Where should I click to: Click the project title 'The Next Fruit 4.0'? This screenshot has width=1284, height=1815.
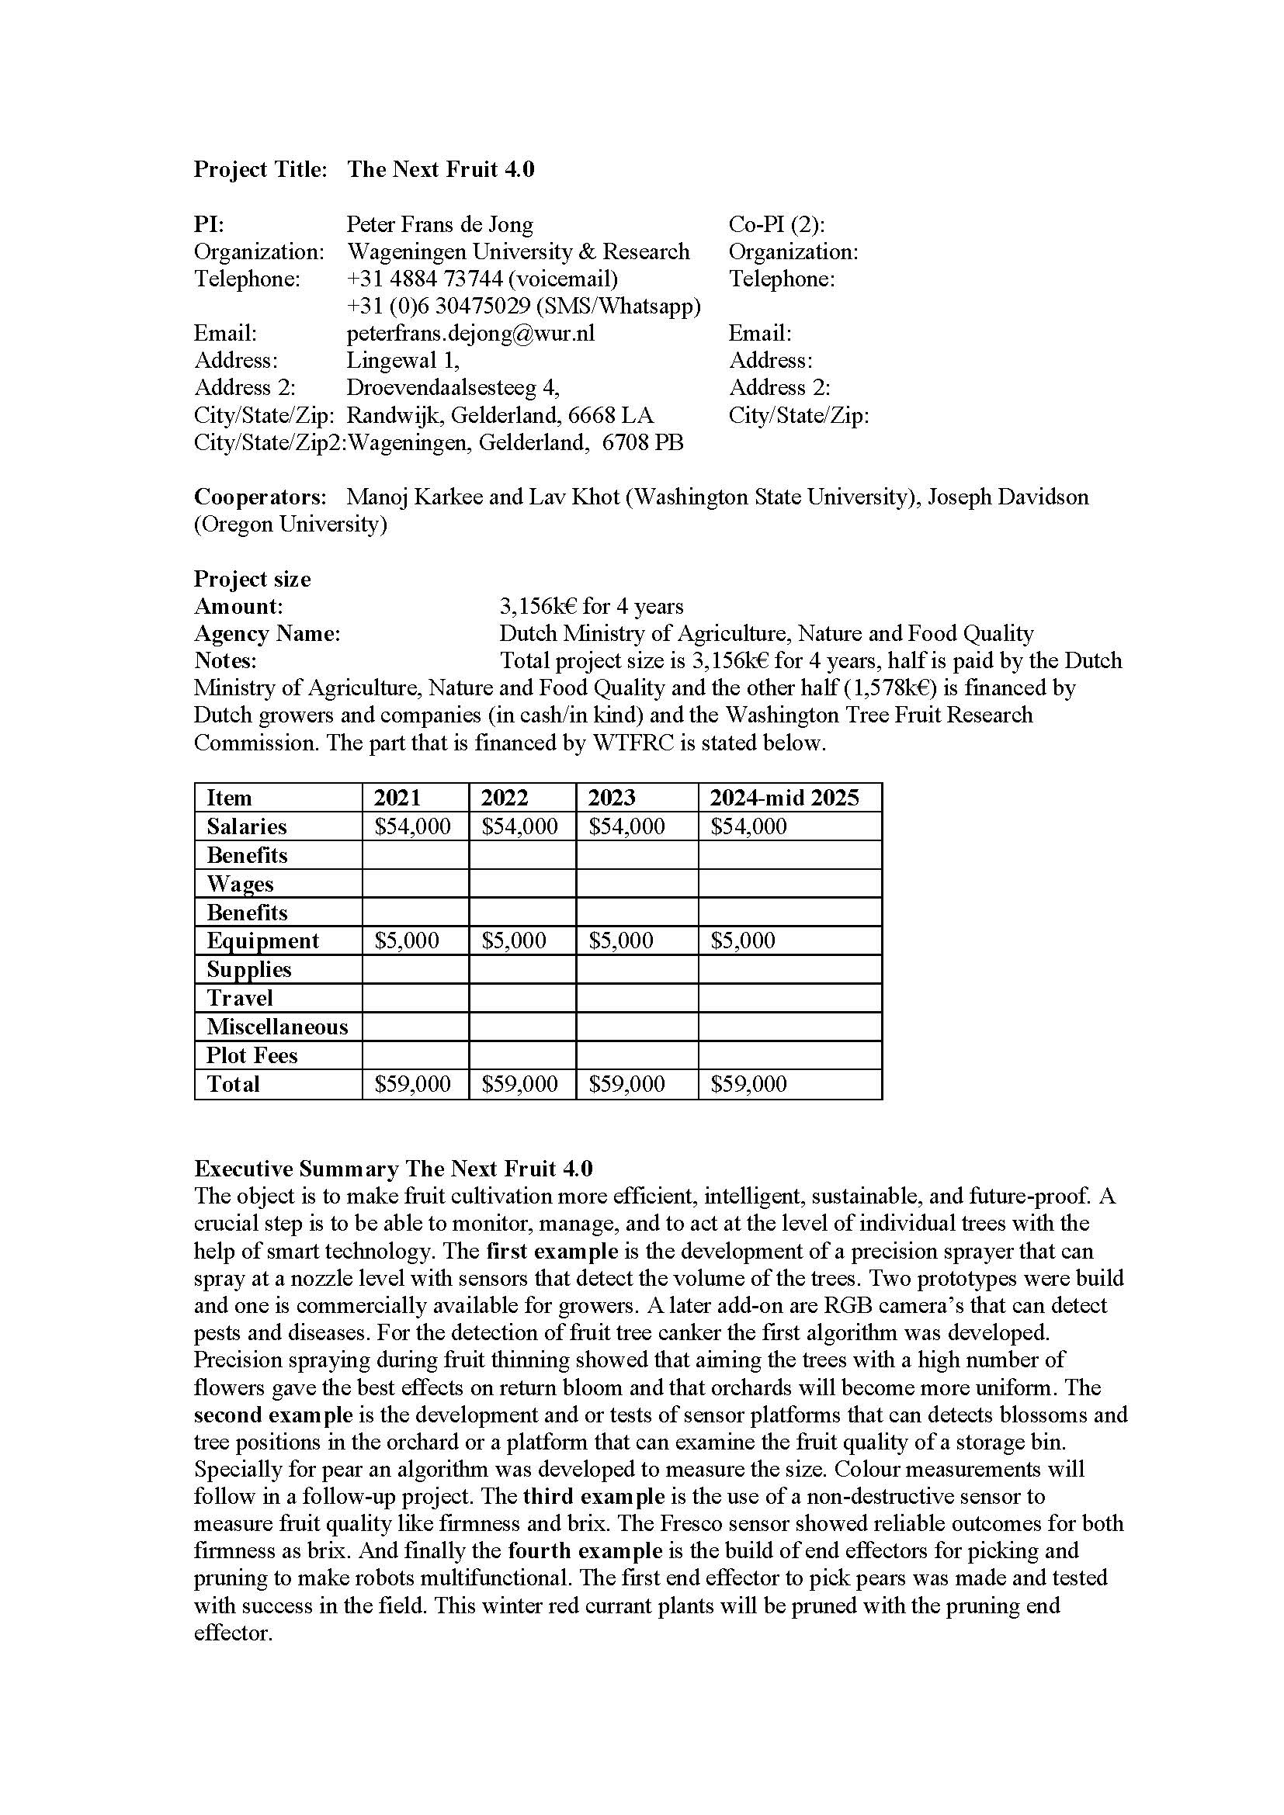tap(440, 169)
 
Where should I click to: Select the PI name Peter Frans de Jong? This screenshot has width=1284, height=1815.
tap(439, 224)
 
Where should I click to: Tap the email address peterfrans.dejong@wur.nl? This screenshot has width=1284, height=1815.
tap(470, 333)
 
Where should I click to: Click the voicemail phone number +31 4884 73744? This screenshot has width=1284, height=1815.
tap(425, 279)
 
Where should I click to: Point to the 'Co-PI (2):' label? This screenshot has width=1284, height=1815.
tap(776, 224)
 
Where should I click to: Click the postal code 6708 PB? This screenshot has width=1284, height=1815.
tap(642, 442)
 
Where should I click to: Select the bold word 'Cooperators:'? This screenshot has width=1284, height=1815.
tap(260, 497)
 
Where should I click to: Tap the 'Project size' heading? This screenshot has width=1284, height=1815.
tap(252, 579)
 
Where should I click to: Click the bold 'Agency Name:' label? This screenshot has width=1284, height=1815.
tap(267, 633)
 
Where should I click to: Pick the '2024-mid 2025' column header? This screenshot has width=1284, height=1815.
tap(783, 798)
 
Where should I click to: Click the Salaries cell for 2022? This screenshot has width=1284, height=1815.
tap(519, 826)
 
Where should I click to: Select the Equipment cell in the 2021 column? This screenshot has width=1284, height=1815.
tap(406, 940)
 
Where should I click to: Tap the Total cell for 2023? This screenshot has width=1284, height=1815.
tap(626, 1083)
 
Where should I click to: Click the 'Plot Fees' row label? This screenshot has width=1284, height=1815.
tap(252, 1055)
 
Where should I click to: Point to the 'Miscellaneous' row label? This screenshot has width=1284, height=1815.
tap(276, 1026)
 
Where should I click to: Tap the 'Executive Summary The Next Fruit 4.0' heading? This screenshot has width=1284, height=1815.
tap(393, 1169)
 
